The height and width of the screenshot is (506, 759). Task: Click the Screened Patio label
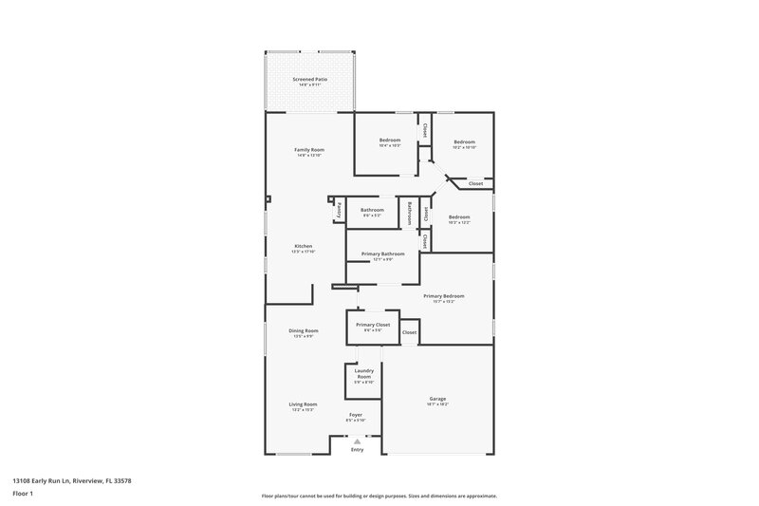coord(309,80)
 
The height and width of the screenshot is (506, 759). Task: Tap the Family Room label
coord(309,150)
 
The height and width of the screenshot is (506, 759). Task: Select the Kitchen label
coord(303,247)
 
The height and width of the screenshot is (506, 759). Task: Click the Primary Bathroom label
coord(383,254)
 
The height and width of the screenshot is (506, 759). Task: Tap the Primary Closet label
coord(373,326)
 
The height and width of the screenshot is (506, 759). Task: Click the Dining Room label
coord(304,330)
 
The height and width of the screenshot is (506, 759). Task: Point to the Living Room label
coord(304,404)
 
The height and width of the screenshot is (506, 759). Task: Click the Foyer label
coord(356,415)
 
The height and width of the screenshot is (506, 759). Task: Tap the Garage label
coord(437,400)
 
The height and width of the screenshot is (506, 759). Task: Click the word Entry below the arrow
coord(357,449)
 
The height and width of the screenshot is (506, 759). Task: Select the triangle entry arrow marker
coord(357,440)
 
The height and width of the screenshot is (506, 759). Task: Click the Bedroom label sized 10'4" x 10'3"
coord(390,141)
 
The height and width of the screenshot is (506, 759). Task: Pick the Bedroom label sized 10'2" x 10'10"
coord(464,142)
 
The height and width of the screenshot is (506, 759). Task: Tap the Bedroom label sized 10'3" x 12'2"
coord(459,217)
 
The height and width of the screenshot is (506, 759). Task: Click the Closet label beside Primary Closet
coord(410,332)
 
